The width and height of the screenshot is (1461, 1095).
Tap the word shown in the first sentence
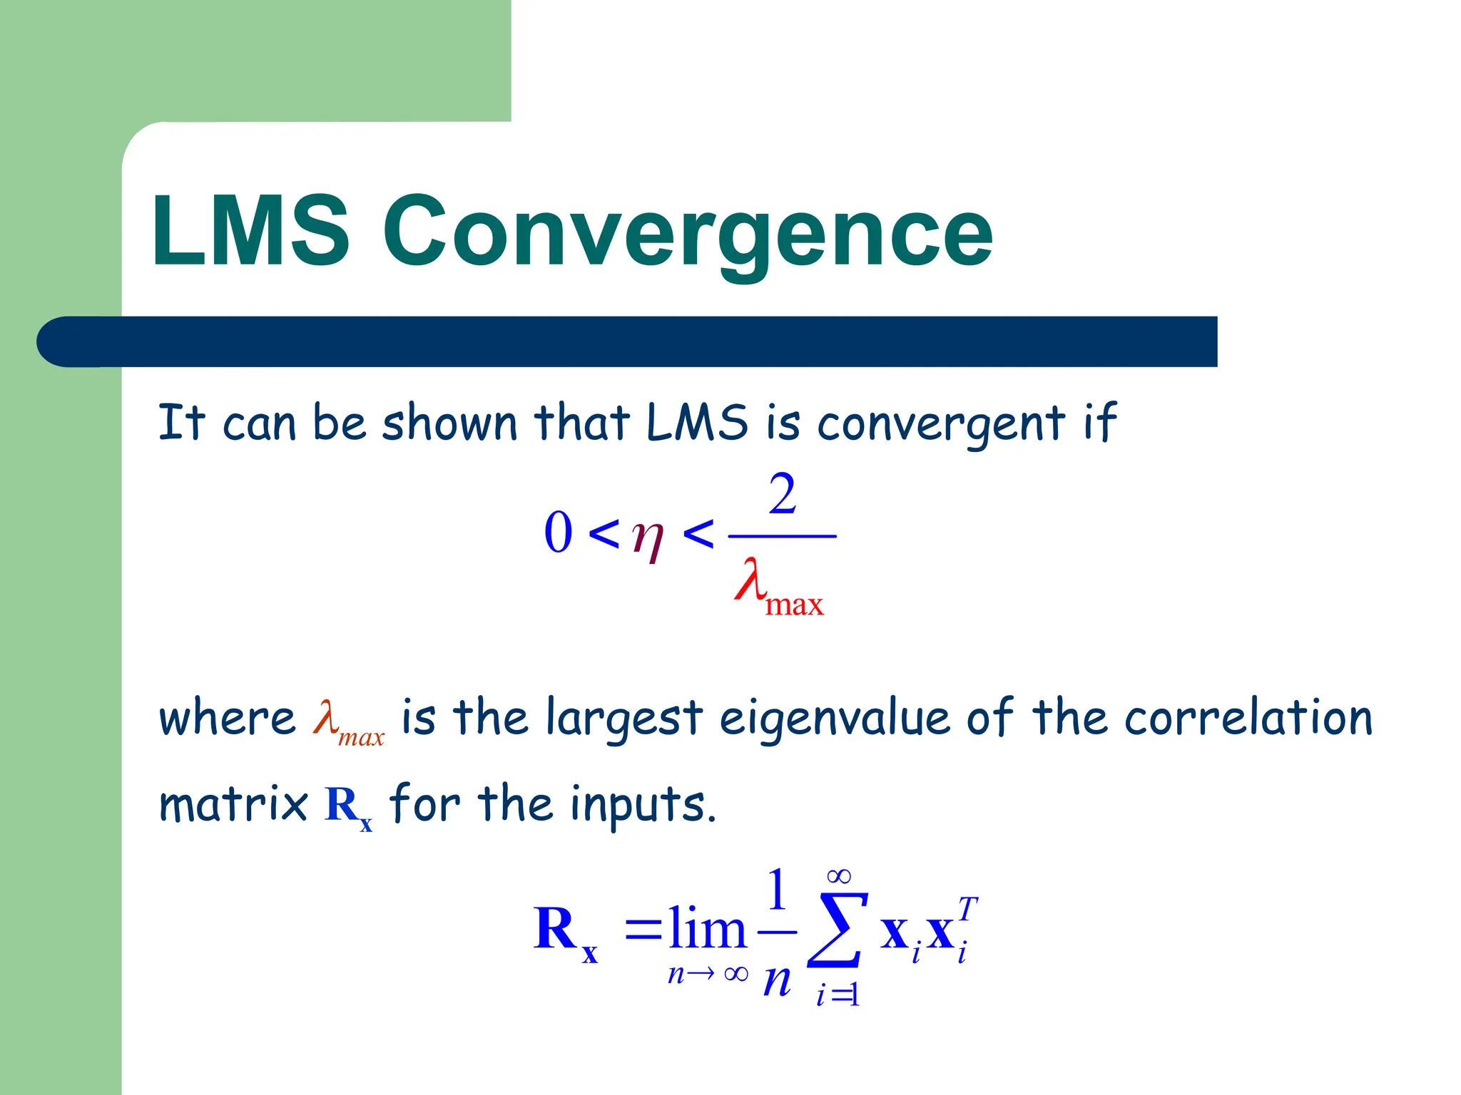pos(449,422)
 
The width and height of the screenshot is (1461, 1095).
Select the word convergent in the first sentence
pos(941,423)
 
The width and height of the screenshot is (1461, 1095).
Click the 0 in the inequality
pos(558,533)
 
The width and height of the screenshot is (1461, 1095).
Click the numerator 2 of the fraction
pos(782,494)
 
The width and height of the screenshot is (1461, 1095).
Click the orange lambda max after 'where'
pos(348,721)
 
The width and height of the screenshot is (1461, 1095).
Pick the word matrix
pos(233,804)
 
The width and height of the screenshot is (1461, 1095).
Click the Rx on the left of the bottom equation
pos(564,931)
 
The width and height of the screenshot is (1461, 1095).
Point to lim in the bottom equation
pos(707,930)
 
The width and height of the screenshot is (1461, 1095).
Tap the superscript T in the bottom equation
pos(967,909)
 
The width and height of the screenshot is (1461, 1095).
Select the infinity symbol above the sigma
pos(839,875)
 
